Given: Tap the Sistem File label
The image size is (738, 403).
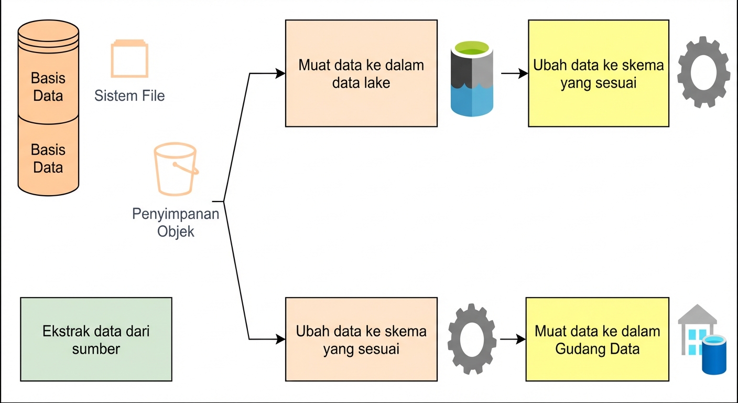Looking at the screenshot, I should click(x=129, y=96).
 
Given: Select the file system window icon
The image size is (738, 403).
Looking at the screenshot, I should click(x=129, y=60).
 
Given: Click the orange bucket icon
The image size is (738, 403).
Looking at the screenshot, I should click(x=176, y=169).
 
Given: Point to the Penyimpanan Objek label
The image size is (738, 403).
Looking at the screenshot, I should click(x=176, y=222).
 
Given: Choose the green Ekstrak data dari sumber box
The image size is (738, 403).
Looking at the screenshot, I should click(x=96, y=340).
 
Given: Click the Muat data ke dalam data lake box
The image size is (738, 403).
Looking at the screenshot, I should click(x=361, y=73).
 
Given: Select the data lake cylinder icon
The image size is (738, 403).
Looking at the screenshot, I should click(x=472, y=78).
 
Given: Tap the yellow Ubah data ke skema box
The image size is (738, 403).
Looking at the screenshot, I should click(x=598, y=73).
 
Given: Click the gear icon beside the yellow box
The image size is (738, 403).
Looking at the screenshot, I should click(x=703, y=72).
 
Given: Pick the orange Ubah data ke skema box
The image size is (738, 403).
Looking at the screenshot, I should click(x=361, y=340).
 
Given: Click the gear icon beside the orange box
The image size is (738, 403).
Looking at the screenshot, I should click(x=472, y=339).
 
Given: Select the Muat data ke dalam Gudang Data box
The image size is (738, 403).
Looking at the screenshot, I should click(x=597, y=340).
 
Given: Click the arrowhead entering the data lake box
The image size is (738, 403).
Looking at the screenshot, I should click(x=280, y=73).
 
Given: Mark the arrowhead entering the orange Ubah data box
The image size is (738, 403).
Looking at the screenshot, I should click(x=280, y=340).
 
